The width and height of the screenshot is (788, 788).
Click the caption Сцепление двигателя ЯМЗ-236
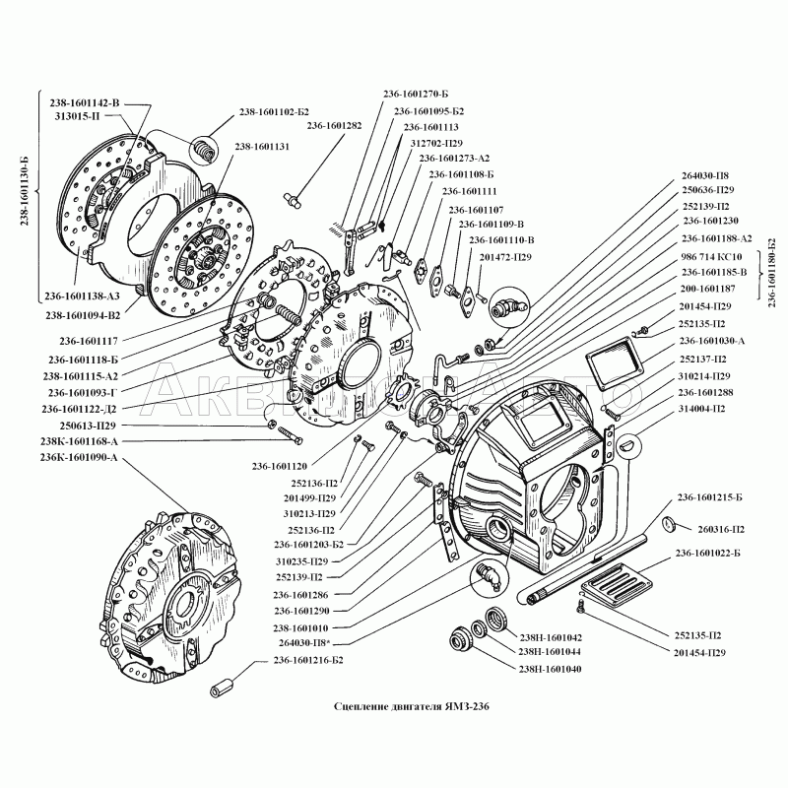pos(411,706)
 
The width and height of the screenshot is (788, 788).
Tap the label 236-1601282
pos(334,126)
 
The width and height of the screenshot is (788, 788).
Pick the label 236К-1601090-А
pos(79,457)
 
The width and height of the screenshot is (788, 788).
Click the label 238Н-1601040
pos(550,669)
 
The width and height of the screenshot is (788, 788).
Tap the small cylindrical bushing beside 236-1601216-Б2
pos(225,683)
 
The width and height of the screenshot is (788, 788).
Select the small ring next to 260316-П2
pos(668,521)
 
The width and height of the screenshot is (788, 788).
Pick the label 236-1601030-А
pos(712,340)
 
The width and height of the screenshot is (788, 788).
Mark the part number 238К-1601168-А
pos(79,442)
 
